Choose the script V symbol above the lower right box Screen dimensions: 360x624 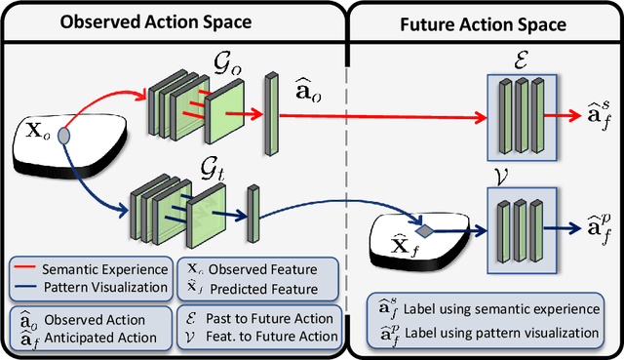click(x=518, y=181)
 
